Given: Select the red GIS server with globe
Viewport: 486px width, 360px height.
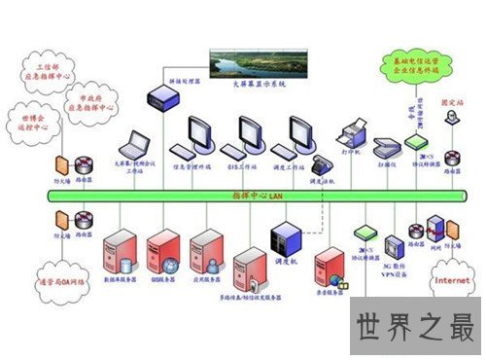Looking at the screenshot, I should [164, 251].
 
